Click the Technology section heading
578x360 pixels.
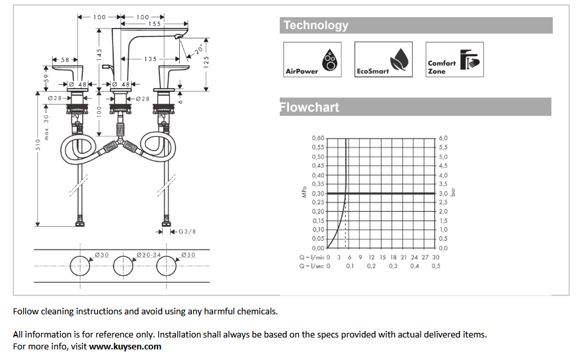point(315,26)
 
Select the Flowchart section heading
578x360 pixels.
point(310,107)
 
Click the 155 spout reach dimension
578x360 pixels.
point(154,24)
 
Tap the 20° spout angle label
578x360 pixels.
point(200,49)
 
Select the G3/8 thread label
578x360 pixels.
point(186,232)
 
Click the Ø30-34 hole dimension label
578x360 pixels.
point(149,255)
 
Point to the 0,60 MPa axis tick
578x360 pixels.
point(318,138)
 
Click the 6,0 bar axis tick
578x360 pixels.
point(443,138)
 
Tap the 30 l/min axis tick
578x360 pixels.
point(436,257)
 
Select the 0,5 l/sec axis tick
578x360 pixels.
point(436,266)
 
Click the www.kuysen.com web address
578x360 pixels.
point(125,346)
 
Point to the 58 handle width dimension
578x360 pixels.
point(65,60)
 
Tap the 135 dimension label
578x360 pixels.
point(151,59)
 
